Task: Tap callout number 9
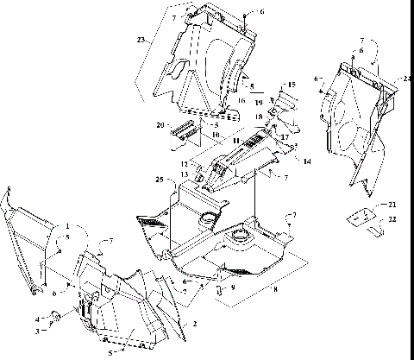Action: click(231, 288)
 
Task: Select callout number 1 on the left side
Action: click(66, 226)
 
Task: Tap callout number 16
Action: click(241, 100)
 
